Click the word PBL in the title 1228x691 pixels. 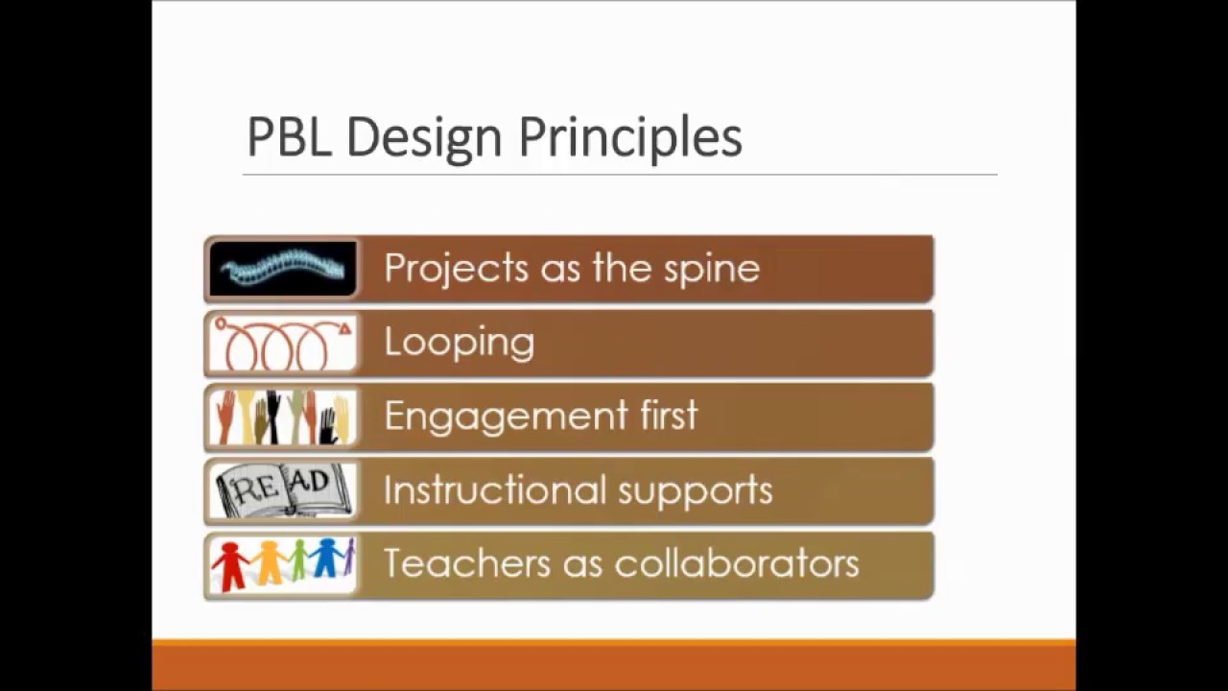pos(289,137)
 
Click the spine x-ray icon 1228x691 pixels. pos(282,269)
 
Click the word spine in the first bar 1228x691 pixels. pos(712,269)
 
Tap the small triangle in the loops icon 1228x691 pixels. pos(345,329)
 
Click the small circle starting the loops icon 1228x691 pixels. pos(220,325)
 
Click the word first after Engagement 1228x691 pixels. pos(668,416)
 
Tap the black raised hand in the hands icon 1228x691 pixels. pos(273,415)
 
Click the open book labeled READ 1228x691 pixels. pos(282,491)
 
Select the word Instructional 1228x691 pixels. pos(494,490)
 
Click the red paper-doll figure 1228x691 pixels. pos(230,565)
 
